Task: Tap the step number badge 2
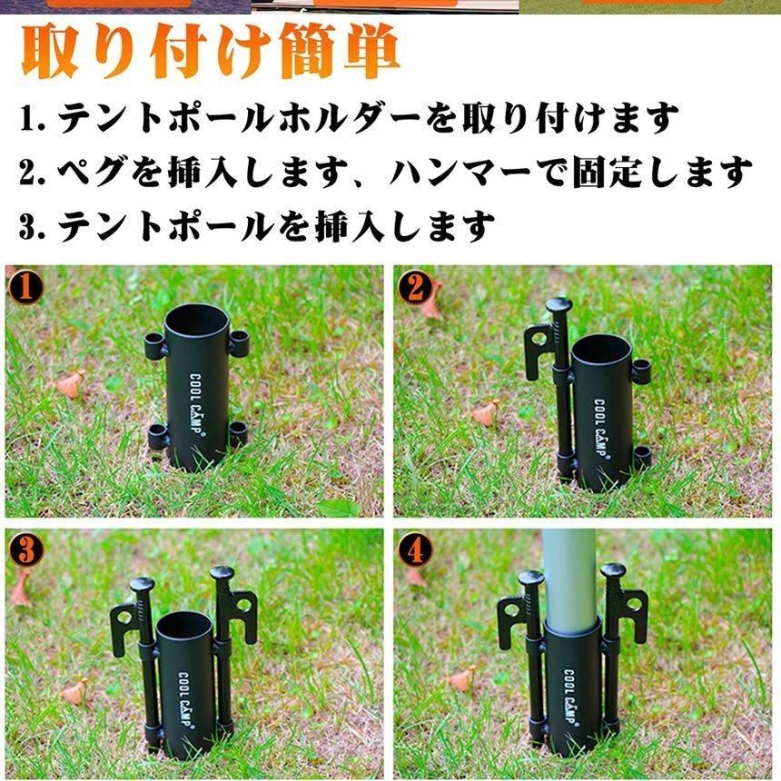click(x=415, y=288)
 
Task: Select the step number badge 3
click(x=25, y=549)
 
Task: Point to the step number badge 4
click(x=415, y=549)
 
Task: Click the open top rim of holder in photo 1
click(x=197, y=317)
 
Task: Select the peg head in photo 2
click(x=559, y=306)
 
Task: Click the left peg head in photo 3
click(x=143, y=584)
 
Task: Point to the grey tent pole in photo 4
click(x=569, y=572)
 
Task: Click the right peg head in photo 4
click(x=614, y=571)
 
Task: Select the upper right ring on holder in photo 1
click(x=239, y=342)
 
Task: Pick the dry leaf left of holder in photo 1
click(x=71, y=383)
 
